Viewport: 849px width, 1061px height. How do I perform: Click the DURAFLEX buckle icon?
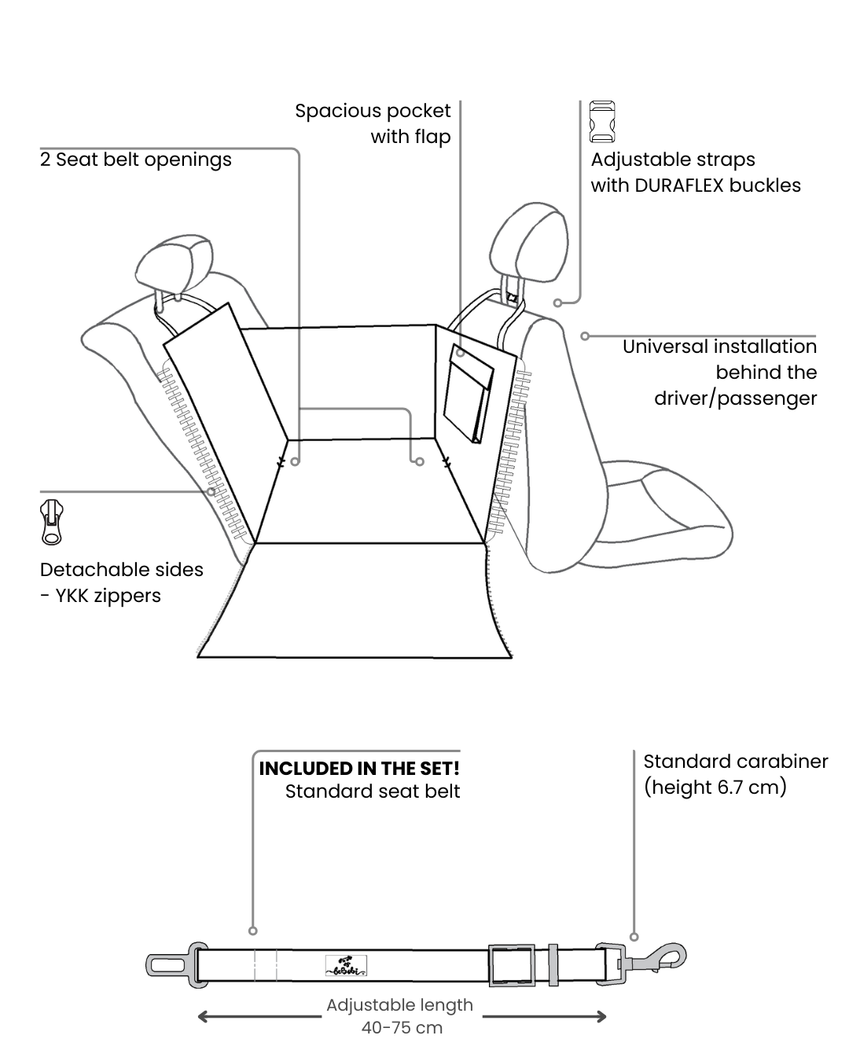coord(601,121)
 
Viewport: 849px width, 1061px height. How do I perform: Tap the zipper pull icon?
coord(52,521)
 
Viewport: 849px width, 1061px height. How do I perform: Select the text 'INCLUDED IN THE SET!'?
coord(359,768)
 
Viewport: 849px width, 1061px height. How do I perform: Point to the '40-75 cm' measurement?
coord(402,1027)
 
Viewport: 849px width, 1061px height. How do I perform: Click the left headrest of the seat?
coord(174,262)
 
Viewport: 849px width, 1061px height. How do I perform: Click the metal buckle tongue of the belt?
coord(167,964)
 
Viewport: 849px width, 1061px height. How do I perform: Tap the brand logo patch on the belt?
coord(346,965)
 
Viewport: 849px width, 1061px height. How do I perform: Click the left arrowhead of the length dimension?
coord(203,1016)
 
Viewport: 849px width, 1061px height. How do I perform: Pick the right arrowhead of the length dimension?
coord(601,1016)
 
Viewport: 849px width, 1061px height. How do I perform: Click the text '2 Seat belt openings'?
coord(136,160)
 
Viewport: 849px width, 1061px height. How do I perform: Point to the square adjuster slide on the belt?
coord(511,965)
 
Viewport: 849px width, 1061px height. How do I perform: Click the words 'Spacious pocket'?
coord(373,111)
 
